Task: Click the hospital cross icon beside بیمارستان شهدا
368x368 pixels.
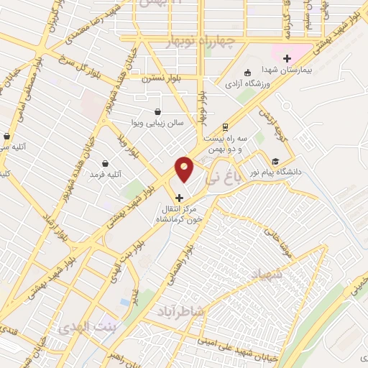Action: [287, 58]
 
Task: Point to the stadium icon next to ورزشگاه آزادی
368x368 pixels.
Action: [247, 73]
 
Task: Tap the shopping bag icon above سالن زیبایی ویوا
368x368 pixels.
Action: [158, 111]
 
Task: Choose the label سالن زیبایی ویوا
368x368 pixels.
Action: [158, 123]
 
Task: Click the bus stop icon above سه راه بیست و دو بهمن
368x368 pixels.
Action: [226, 124]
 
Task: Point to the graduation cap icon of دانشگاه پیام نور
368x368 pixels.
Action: [275, 161]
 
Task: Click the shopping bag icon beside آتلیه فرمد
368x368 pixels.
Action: [106, 164]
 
